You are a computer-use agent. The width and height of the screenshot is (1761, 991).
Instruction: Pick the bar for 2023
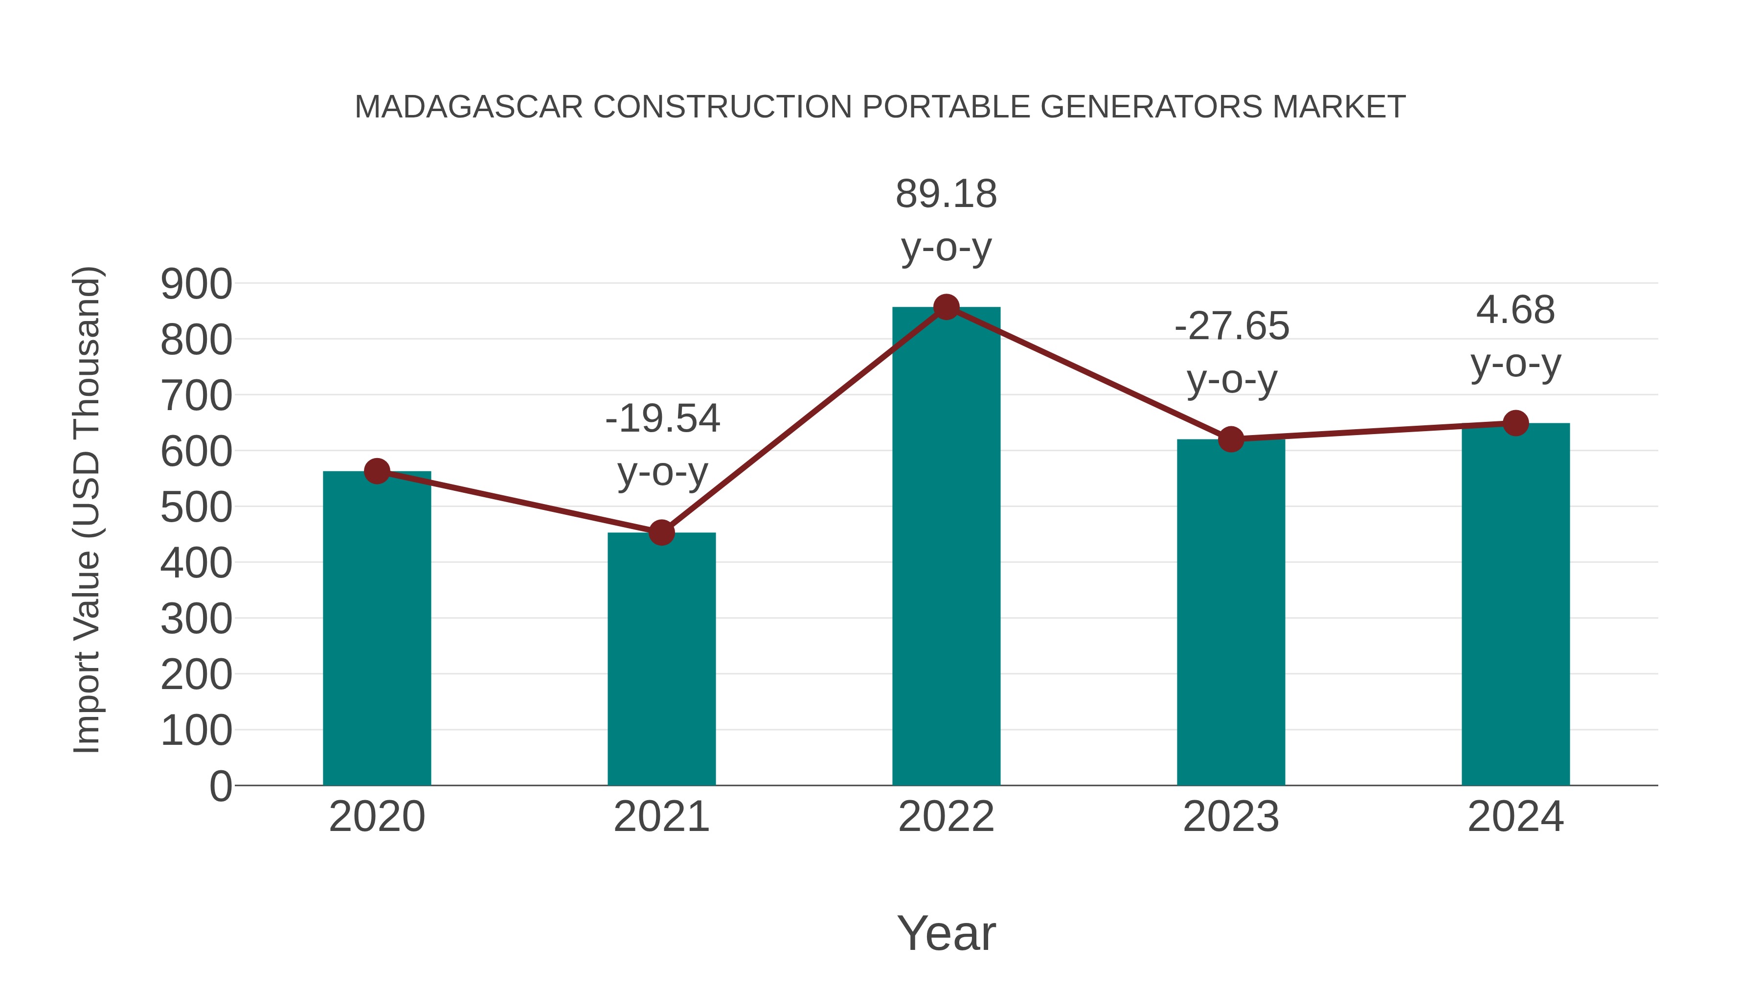click(x=1231, y=616)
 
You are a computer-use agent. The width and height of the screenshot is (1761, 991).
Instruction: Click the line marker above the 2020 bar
click(x=377, y=471)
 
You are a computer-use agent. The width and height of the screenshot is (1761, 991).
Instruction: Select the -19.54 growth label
click(x=662, y=418)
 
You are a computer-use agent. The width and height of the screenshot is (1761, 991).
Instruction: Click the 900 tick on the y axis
click(x=196, y=284)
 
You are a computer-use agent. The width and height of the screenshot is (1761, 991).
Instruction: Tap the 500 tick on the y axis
click(x=196, y=508)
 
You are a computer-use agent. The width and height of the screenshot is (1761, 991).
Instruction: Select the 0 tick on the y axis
click(x=220, y=786)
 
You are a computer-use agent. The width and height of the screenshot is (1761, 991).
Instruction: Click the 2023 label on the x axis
click(x=1231, y=817)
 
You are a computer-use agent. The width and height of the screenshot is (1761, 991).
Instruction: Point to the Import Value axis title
click(x=88, y=509)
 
